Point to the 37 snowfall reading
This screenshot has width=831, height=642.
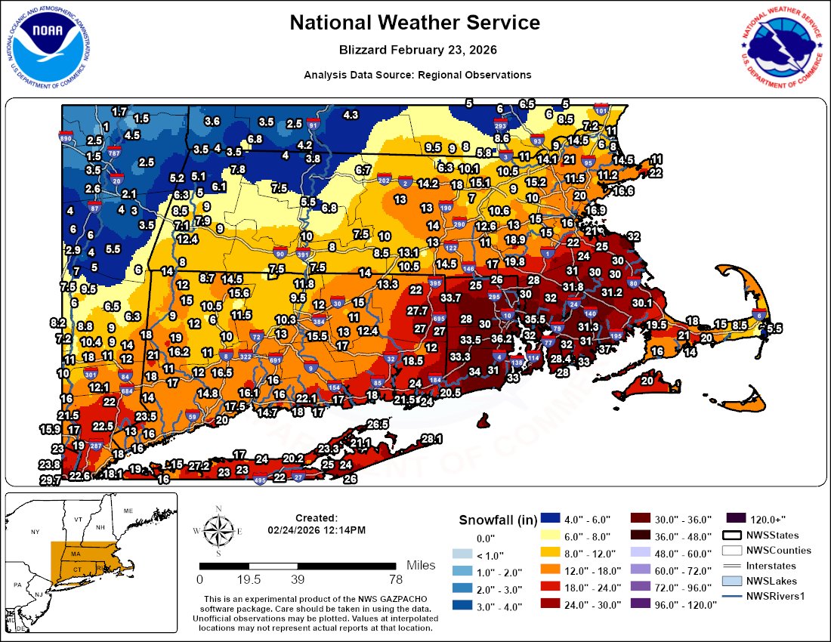click(604, 349)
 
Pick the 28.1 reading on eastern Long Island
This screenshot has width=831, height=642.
click(431, 439)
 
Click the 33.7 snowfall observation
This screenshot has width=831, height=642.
click(451, 298)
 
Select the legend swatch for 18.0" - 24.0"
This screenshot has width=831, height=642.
click(551, 588)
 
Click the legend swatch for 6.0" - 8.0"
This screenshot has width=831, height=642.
click(551, 538)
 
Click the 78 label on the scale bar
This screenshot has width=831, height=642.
click(395, 580)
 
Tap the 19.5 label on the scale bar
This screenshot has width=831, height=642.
click(249, 580)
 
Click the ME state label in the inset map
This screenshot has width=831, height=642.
click(128, 511)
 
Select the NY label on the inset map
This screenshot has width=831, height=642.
click(34, 532)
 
